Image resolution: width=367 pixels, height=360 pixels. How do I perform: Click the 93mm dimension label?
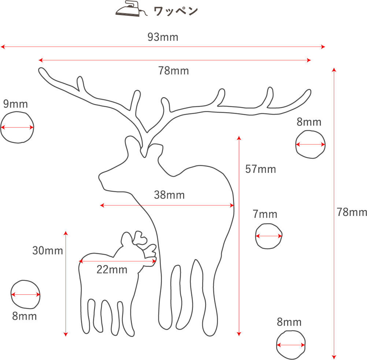click(x=163, y=37)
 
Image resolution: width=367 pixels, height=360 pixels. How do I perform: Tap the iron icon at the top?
click(x=128, y=11)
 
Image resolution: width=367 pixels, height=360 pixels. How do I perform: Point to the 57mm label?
click(x=260, y=169)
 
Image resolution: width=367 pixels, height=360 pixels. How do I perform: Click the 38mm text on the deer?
click(x=169, y=195)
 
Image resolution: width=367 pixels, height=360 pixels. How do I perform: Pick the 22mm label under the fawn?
click(x=112, y=270)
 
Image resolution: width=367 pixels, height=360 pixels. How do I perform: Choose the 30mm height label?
click(x=48, y=251)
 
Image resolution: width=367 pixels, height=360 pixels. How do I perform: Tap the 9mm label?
click(x=15, y=104)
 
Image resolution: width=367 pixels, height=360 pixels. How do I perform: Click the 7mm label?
click(x=265, y=214)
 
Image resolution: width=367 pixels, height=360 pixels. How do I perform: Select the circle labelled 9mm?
click(x=17, y=128)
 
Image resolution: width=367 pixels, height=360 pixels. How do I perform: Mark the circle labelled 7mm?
click(x=268, y=236)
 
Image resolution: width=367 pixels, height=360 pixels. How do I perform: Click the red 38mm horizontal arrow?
click(x=167, y=206)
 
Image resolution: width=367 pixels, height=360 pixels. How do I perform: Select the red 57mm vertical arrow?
click(x=239, y=235)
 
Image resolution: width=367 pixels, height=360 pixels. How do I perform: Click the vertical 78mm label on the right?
click(x=352, y=212)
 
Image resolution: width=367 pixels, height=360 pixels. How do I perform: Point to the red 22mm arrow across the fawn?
click(x=117, y=261)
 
